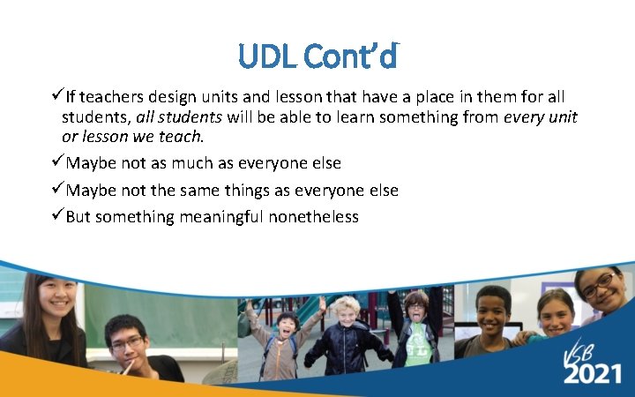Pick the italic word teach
coord(183,137)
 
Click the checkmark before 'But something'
coord(57,217)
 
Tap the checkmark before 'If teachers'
coord(57,96)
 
